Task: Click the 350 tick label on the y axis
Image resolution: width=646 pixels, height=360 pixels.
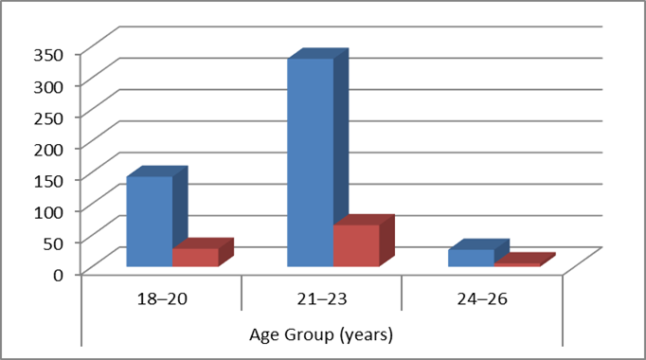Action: [48, 55]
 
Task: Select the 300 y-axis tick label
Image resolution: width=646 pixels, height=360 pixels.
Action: [48, 86]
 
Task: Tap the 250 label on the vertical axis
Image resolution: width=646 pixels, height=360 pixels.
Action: [48, 118]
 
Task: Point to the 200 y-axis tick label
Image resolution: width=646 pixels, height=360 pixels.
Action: [48, 150]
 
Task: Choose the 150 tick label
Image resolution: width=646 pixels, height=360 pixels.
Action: [48, 181]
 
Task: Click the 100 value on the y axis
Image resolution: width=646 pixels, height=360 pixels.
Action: [48, 212]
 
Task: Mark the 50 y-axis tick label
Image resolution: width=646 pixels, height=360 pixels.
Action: [53, 243]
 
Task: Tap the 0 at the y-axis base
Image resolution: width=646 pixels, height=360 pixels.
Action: [59, 275]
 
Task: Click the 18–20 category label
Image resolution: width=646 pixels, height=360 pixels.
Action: [162, 298]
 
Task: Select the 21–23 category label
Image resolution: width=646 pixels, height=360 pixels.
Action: [322, 298]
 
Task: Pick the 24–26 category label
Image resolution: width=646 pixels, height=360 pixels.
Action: [482, 298]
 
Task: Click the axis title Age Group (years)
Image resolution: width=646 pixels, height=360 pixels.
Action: [321, 334]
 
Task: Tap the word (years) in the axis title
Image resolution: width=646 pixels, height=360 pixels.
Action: [367, 334]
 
